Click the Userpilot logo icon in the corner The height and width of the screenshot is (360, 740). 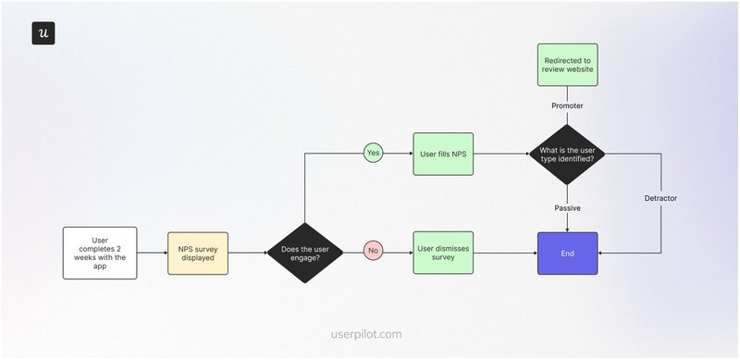pyautogui.click(x=43, y=32)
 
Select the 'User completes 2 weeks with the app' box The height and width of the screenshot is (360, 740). pyautogui.click(x=100, y=253)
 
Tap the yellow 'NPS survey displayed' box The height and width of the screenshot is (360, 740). pyautogui.click(x=197, y=253)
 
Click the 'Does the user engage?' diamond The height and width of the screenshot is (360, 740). pyautogui.click(x=304, y=253)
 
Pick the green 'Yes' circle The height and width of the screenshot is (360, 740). pyautogui.click(x=374, y=151)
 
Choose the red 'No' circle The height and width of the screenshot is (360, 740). pyautogui.click(x=374, y=252)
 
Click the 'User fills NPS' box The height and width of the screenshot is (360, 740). pyautogui.click(x=443, y=152)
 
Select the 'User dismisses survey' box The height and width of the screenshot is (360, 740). pyautogui.click(x=443, y=253)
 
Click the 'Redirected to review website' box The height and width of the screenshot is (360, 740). pyautogui.click(x=567, y=64)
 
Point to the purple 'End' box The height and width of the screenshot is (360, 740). pyautogui.click(x=567, y=253)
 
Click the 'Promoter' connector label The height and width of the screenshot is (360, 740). pyautogui.click(x=567, y=106)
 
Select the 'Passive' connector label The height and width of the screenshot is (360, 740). pyautogui.click(x=567, y=207)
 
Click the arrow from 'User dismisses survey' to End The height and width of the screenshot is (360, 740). pyautogui.click(x=505, y=253)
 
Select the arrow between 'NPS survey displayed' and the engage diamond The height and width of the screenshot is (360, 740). pyautogui.click(x=247, y=253)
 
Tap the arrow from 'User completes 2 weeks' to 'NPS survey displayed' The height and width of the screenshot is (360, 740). pyautogui.click(x=152, y=253)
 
